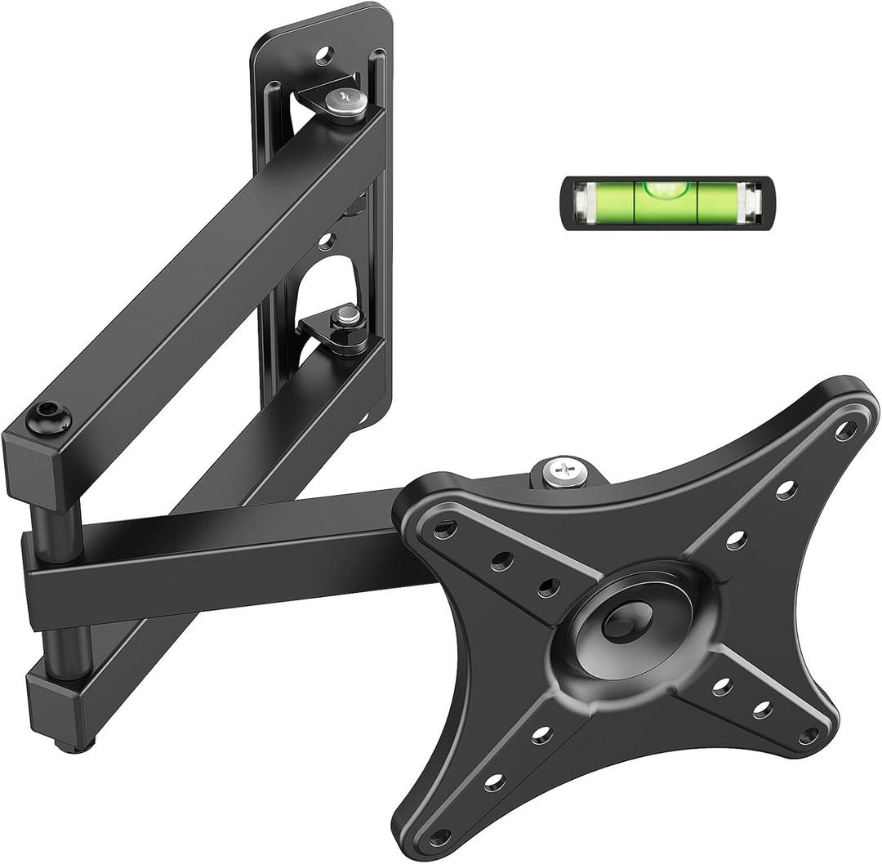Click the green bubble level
coord(666,202)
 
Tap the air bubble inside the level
coord(666,189)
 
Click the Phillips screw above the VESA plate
coord(565,473)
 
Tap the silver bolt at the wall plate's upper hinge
coord(345,101)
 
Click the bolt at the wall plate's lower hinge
coord(348,316)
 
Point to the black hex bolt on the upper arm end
coord(48,418)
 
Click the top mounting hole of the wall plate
coord(324,56)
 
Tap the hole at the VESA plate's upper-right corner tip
coord(846,430)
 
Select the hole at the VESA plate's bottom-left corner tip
coord(440,836)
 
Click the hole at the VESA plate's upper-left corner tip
coord(445,530)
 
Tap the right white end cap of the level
coord(750,202)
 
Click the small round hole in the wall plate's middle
coord(327,241)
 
